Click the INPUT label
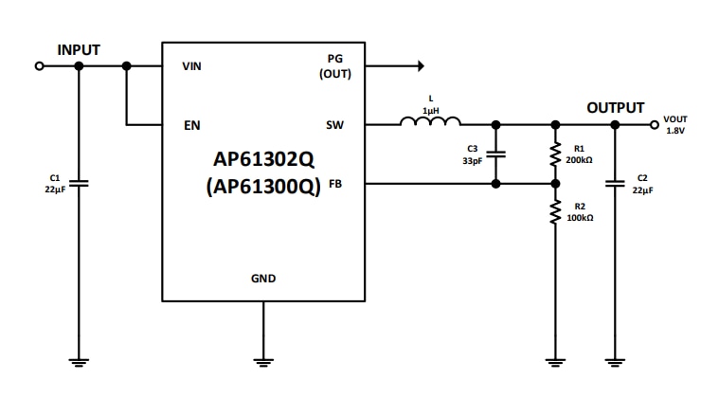click(79, 49)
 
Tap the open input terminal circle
click(39, 66)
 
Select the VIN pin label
click(192, 67)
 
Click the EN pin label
click(191, 125)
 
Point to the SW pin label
click(334, 125)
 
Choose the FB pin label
click(335, 185)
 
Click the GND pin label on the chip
click(263, 279)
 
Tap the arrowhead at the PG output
click(421, 66)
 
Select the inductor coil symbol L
click(430, 121)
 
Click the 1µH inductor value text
click(431, 110)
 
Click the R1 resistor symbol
click(555, 154)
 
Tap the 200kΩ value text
click(579, 160)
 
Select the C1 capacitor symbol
click(79, 183)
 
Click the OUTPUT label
click(615, 108)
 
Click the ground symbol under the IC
click(263, 361)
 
